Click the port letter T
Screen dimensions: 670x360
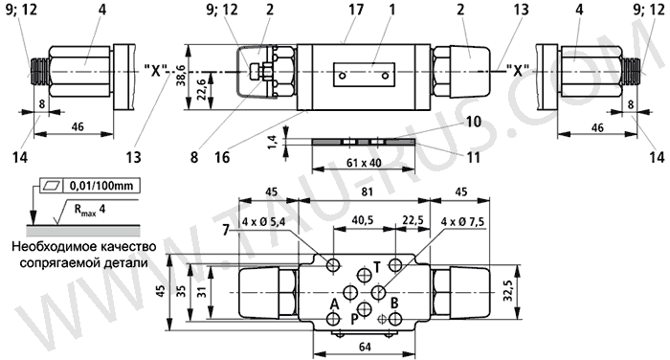[x=377, y=267]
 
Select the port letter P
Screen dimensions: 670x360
[x=355, y=320]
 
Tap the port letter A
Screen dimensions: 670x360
[x=334, y=304]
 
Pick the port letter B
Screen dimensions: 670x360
[x=394, y=304]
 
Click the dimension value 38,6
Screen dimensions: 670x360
[x=181, y=76]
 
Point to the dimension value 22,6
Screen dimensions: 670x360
[x=201, y=88]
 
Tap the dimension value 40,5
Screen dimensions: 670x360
[x=362, y=220]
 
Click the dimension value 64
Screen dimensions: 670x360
[x=365, y=347]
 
